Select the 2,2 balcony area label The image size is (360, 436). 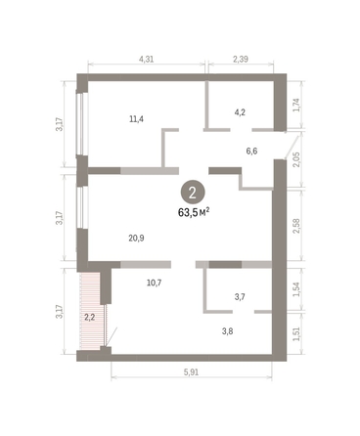click(89, 317)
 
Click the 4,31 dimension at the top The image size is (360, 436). click(148, 60)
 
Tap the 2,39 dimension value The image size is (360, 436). click(241, 60)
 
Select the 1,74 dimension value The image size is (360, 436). click(298, 105)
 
